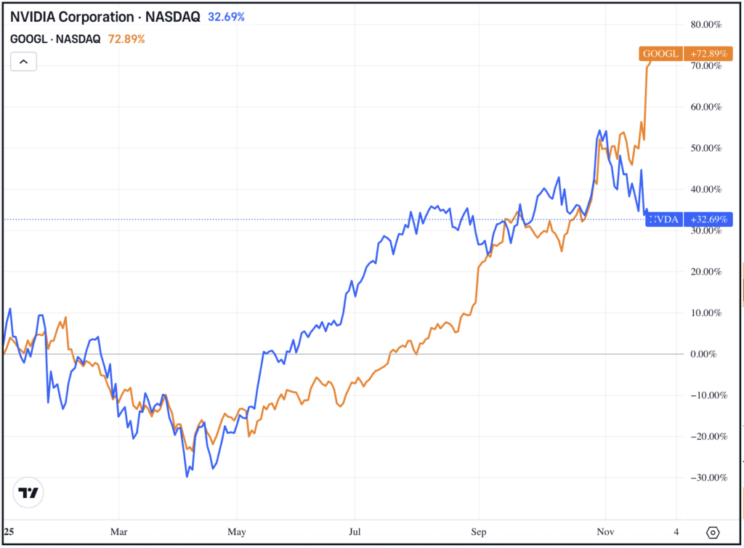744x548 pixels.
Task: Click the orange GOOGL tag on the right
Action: [660, 54]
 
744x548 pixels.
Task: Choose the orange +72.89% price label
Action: [705, 54]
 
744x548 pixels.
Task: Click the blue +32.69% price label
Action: [705, 219]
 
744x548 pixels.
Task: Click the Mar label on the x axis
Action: [118, 531]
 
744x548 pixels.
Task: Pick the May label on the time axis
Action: [236, 531]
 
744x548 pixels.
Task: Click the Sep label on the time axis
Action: [478, 531]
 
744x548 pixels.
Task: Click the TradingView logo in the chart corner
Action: [28, 493]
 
